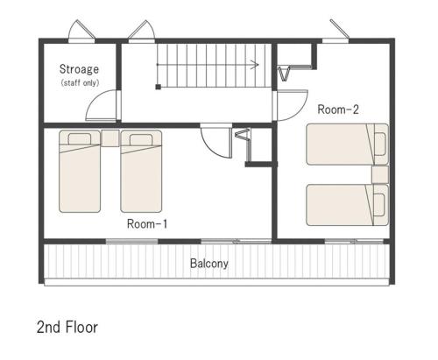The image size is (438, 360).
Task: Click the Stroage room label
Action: click(79, 70)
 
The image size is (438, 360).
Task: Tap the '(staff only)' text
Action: click(80, 83)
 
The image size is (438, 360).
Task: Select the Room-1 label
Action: click(147, 224)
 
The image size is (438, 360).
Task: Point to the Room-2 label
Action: click(338, 109)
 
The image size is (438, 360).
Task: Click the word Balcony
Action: click(209, 264)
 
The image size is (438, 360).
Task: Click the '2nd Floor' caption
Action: click(67, 327)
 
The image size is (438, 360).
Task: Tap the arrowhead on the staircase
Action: click(256, 65)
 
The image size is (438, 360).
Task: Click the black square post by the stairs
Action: click(158, 87)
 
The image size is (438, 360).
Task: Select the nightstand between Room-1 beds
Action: click(110, 138)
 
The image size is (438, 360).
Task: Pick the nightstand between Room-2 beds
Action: click(380, 174)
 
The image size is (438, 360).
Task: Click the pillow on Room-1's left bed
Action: click(80, 139)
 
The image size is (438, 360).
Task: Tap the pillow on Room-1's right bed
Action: click(141, 139)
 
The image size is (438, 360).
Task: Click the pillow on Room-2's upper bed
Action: click(379, 144)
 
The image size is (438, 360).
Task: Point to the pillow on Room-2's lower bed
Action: click(379, 205)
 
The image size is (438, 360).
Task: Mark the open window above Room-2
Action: click(340, 28)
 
